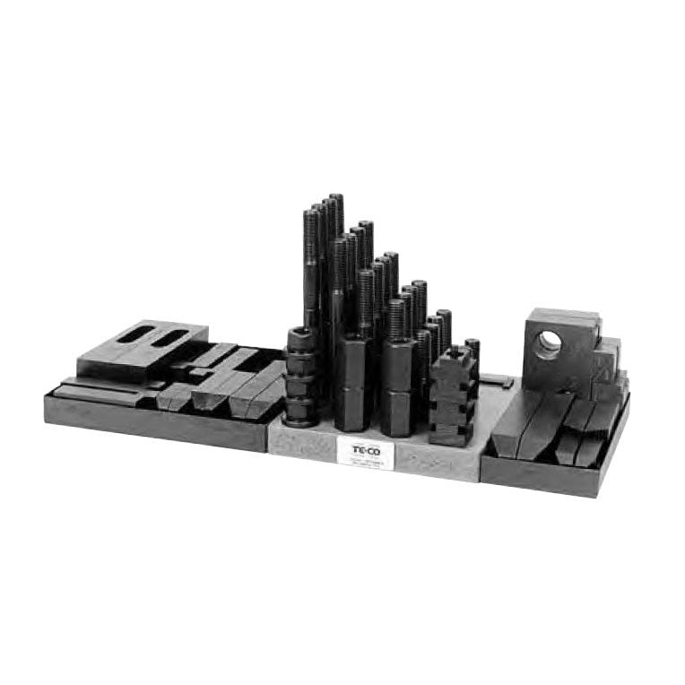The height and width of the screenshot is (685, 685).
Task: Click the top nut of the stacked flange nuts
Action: (300, 338)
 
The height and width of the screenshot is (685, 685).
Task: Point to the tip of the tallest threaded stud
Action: (336, 198)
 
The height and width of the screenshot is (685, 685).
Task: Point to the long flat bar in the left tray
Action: (99, 393)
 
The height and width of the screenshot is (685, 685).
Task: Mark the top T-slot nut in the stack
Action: (452, 361)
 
